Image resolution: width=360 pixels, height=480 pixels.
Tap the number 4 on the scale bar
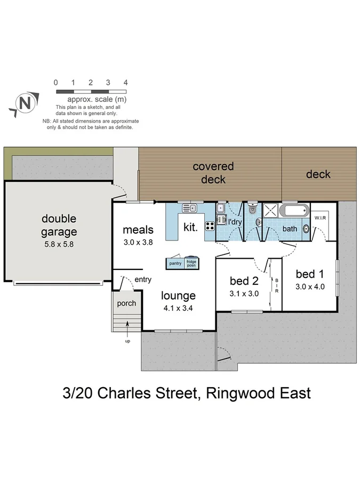(x=125, y=83)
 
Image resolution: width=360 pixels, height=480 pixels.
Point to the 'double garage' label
(x=59, y=225)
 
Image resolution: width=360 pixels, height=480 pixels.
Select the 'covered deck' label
(x=213, y=173)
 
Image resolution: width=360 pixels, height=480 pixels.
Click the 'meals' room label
(x=138, y=230)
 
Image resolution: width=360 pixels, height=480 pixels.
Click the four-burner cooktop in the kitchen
(x=209, y=225)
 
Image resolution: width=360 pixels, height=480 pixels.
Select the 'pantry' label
(x=175, y=263)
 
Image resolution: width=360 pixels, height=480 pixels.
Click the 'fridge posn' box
(x=191, y=263)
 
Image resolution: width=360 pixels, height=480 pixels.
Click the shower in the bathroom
(x=271, y=210)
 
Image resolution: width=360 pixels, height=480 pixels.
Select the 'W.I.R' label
(x=320, y=218)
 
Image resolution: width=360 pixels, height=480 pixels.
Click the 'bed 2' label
(x=243, y=281)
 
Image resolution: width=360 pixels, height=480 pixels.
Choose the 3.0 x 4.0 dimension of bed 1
(x=310, y=286)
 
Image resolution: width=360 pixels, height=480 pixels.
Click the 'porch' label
(x=126, y=303)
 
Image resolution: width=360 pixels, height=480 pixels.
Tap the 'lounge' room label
(x=178, y=295)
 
